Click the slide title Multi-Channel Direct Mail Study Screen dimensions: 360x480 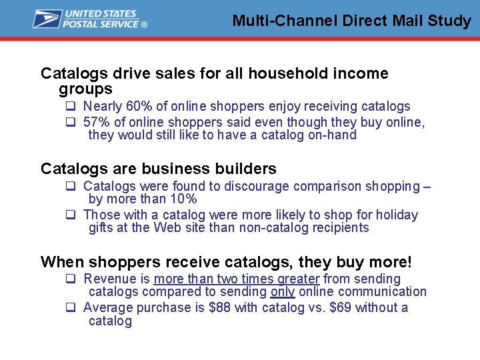[351, 21]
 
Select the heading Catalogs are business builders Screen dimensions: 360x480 [159, 169]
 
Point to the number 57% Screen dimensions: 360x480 [96, 122]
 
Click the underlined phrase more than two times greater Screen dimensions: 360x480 [237, 279]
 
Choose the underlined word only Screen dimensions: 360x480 [283, 291]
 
